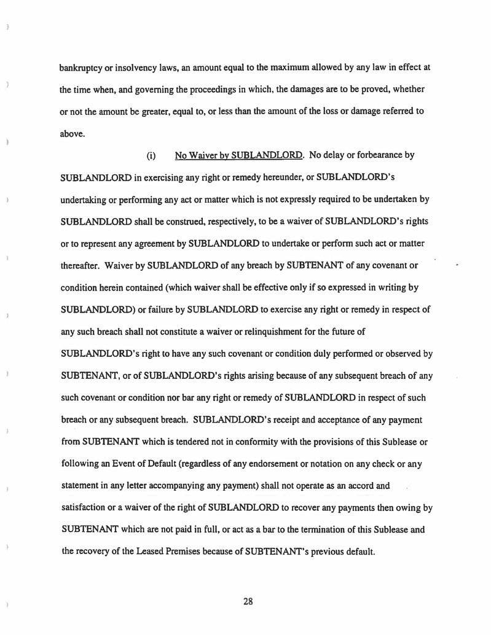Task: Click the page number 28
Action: pyautogui.click(x=248, y=601)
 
